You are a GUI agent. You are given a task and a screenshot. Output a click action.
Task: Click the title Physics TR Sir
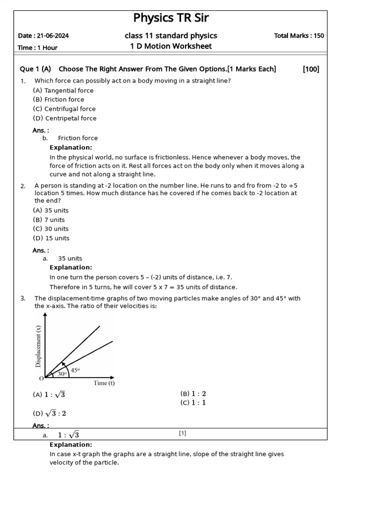171,19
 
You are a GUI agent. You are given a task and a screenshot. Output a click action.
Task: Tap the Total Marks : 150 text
299,36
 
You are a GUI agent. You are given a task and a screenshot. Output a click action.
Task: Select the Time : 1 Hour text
38,48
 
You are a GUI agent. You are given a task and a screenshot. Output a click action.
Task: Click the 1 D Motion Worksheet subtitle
171,46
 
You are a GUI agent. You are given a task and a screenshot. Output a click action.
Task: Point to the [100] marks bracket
311,69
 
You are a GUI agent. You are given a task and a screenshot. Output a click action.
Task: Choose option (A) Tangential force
63,90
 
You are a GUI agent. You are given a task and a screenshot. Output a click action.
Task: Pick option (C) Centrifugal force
64,109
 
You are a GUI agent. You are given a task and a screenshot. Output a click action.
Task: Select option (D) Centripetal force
65,118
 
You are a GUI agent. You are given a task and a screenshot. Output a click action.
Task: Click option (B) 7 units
48,220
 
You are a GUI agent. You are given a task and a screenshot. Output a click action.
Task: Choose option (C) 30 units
50,229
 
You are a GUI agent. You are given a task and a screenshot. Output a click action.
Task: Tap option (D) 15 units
51,238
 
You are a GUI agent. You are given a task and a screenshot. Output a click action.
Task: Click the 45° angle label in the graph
75,370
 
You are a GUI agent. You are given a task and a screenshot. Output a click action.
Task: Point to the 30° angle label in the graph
62,374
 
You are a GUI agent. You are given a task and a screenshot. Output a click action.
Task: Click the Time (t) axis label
104,383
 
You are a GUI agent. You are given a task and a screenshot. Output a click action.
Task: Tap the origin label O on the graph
41,379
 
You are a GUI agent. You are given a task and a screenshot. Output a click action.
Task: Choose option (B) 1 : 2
193,394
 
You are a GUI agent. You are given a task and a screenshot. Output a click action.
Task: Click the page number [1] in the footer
183,433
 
